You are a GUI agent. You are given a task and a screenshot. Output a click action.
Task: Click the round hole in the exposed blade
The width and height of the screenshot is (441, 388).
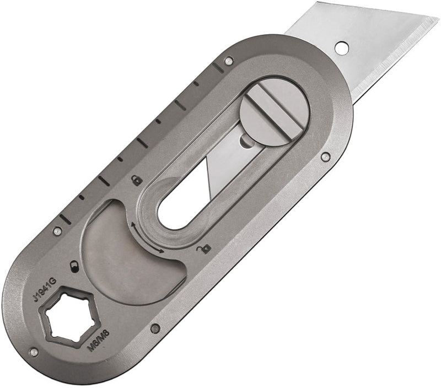[341, 47]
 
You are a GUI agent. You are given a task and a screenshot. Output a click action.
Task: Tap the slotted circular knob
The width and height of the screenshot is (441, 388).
[275, 112]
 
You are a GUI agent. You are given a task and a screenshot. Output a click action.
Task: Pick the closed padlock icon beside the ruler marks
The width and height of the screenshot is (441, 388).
[136, 179]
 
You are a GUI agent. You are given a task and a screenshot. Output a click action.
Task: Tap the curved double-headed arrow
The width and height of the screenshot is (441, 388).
[147, 238]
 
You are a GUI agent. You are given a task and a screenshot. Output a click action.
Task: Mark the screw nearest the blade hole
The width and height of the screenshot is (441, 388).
[229, 60]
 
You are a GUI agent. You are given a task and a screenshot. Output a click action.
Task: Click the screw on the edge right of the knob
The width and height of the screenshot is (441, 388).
[326, 157]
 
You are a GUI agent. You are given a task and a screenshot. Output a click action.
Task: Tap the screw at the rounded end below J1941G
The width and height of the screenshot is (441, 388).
[34, 352]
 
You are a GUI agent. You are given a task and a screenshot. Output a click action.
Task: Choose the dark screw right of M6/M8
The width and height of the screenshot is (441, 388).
[155, 328]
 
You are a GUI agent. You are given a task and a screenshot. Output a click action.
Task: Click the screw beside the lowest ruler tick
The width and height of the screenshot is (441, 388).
[56, 231]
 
